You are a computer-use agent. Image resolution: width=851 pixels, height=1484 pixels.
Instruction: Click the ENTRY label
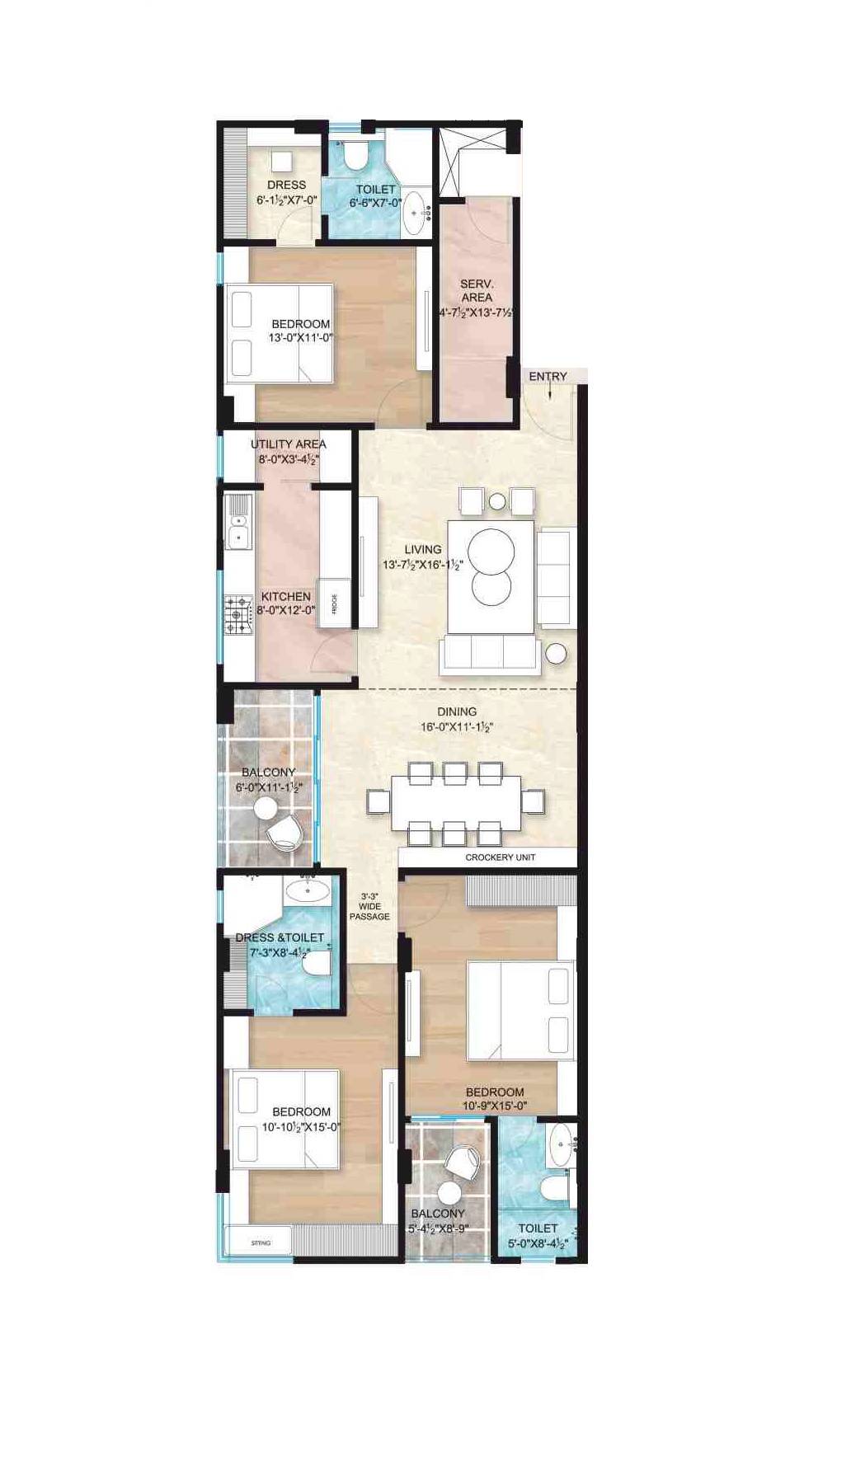click(548, 377)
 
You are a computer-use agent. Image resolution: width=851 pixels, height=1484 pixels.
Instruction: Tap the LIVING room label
click(422, 549)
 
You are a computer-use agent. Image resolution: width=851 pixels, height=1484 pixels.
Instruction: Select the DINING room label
click(457, 711)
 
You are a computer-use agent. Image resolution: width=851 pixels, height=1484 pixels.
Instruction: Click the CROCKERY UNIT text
click(500, 857)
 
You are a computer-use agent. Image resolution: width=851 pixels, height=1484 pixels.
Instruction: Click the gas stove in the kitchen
click(237, 614)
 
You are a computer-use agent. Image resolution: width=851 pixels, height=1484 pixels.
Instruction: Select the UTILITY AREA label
click(288, 444)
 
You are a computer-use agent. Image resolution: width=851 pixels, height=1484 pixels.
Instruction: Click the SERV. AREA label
click(477, 290)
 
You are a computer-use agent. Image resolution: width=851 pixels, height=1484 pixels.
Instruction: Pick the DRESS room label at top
click(286, 185)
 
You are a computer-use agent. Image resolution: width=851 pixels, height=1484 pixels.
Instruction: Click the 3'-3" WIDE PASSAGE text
click(369, 906)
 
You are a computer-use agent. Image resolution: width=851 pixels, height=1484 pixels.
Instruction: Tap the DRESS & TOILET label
click(280, 937)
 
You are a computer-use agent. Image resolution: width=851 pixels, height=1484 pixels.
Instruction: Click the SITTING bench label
click(261, 1242)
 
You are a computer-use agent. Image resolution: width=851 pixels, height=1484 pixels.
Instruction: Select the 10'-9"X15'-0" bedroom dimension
click(495, 1106)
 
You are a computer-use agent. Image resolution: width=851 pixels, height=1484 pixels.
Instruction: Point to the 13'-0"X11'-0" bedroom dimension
click(300, 337)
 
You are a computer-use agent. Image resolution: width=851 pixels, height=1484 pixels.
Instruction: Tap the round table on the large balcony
click(266, 808)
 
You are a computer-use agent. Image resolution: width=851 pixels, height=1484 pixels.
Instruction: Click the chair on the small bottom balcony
click(463, 1164)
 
